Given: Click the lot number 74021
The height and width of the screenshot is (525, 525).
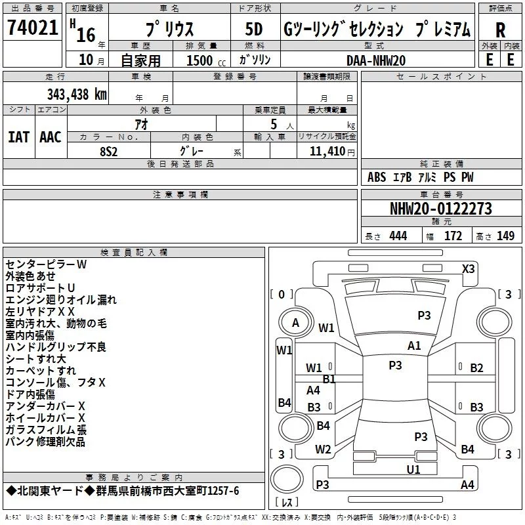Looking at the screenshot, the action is click(x=32, y=27).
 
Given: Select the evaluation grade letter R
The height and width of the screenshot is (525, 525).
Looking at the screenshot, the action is click(x=500, y=30).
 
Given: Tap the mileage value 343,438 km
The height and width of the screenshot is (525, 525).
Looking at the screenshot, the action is click(x=77, y=94).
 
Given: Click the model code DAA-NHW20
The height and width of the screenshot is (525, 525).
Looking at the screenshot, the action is click(x=376, y=60).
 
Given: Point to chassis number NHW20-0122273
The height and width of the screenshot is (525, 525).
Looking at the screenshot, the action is click(x=441, y=209).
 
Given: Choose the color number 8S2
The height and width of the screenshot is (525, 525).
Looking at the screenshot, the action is click(x=109, y=152).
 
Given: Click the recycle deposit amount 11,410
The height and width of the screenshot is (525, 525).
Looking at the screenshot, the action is click(x=327, y=151).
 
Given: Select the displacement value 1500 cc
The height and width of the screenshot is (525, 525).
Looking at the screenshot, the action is click(x=206, y=60).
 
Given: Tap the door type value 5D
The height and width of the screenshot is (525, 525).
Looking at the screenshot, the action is click(x=254, y=30).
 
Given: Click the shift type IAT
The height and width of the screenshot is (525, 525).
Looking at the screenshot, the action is click(x=19, y=137).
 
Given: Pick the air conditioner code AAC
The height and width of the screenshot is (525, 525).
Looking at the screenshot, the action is click(x=51, y=137).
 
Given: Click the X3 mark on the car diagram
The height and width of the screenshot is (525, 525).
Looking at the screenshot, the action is click(x=469, y=269).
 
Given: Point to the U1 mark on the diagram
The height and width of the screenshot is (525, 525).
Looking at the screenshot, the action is click(x=413, y=469).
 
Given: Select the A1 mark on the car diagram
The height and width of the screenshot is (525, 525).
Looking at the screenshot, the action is click(x=414, y=346).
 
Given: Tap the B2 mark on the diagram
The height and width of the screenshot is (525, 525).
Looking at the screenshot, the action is click(x=476, y=368).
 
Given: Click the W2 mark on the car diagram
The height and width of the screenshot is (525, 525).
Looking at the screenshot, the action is click(x=323, y=450).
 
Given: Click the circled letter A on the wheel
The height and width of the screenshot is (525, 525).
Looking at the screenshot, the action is click(x=295, y=323).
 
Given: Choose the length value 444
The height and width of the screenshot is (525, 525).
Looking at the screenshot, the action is click(x=398, y=236).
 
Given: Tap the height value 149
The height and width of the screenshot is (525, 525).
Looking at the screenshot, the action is click(x=505, y=236).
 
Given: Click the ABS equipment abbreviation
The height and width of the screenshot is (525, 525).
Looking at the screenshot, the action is click(x=377, y=177).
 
